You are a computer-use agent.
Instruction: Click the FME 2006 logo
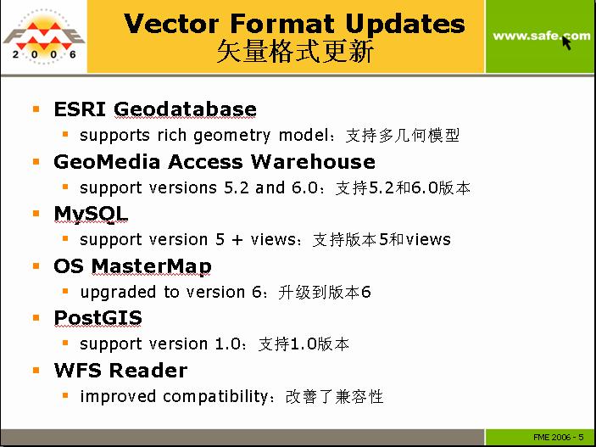(43, 36)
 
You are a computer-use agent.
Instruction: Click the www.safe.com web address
(541, 36)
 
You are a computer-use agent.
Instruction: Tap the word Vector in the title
(171, 24)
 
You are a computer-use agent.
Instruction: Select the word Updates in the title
(405, 25)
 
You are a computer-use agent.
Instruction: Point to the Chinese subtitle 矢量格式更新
(295, 52)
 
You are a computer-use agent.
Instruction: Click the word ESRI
(80, 109)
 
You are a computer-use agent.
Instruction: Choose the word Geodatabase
(185, 109)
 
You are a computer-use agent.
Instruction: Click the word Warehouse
(313, 162)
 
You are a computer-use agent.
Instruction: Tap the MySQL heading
(91, 215)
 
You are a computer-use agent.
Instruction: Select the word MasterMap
(151, 266)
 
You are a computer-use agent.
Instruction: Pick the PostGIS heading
(98, 318)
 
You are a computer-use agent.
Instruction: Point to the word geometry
(231, 137)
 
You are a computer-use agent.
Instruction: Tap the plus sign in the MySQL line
(237, 240)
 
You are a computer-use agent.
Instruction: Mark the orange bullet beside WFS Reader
(36, 370)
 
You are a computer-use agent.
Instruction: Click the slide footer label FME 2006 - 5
(559, 438)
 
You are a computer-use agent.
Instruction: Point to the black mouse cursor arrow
(566, 43)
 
